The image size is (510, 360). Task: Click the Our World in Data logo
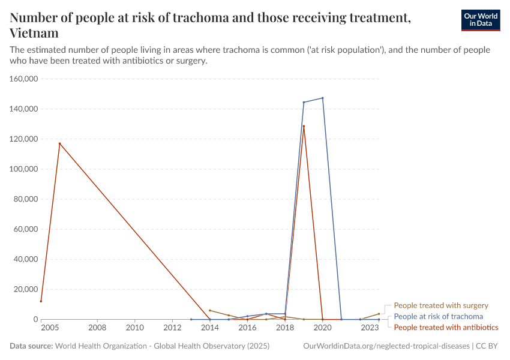click(480, 20)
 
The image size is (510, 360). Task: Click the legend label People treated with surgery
click(440, 305)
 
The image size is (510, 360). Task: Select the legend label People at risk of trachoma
click(438, 316)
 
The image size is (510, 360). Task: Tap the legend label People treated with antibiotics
click(446, 327)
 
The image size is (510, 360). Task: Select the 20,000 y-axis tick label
click(26, 289)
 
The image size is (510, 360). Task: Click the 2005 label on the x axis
click(50, 328)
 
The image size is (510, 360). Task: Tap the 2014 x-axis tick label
click(209, 328)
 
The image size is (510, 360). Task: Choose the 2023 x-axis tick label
click(370, 328)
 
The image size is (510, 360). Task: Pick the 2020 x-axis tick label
click(323, 328)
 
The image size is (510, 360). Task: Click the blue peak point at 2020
click(323, 98)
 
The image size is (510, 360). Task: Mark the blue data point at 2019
click(304, 102)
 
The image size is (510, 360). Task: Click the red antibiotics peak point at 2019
click(304, 126)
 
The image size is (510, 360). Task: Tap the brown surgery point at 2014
click(209, 310)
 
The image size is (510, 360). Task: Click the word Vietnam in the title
click(34, 33)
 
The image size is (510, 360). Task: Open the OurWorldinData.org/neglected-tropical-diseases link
click(386, 346)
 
